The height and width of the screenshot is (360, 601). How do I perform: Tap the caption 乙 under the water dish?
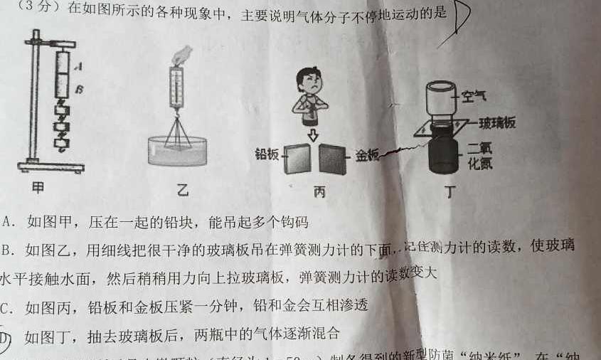tap(183, 190)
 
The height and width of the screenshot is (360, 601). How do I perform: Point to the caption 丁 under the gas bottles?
tap(449, 191)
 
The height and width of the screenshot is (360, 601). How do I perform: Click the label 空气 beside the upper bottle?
tap(474, 95)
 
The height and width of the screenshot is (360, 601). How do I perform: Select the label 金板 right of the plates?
tap(368, 154)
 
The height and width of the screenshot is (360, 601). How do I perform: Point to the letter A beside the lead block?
tap(78, 66)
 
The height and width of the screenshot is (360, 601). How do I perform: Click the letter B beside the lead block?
tap(79, 90)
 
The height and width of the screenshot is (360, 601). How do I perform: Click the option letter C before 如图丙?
tap(7, 307)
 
